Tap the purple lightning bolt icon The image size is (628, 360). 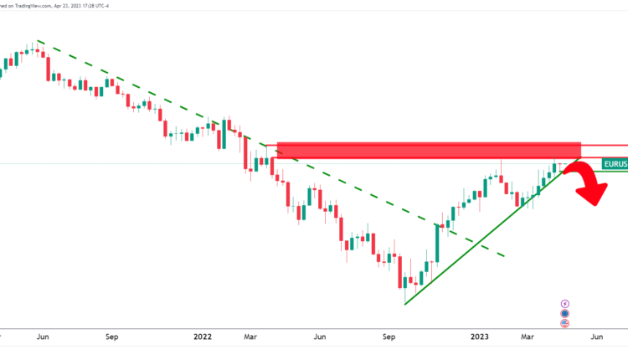pos(565,303)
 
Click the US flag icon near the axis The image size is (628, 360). pos(565,324)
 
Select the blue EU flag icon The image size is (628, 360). pos(565,314)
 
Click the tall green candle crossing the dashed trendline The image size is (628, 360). pos(437,243)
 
